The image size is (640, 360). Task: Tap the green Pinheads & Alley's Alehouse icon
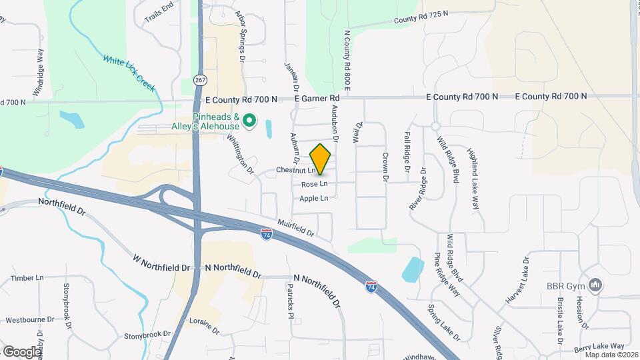tap(249, 121)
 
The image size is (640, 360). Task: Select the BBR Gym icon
tap(596, 286)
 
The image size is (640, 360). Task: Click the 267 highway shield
tap(200, 79)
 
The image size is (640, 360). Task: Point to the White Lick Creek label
tap(129, 69)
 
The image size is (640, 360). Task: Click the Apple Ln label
tap(313, 198)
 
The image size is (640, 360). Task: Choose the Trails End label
tap(159, 13)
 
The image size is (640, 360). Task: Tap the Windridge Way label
tap(40, 65)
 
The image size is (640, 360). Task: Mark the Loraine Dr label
tap(204, 325)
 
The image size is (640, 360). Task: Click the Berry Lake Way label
tap(599, 347)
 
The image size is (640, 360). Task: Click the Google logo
tap(22, 351)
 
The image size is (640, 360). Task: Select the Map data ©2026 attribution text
tap(611, 354)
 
